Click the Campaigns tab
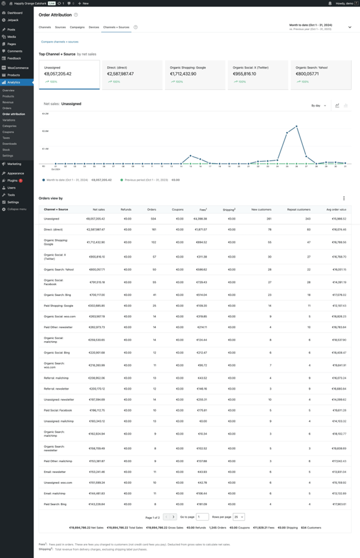pos(77,27)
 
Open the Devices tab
pos(94,27)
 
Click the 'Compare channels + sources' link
pos(59,42)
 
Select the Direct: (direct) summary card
pos(132,74)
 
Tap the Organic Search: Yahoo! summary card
pos(320,74)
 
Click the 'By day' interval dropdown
pos(318,105)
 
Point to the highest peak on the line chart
pos(297,126)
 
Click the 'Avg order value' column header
pos(336,209)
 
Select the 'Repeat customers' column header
pos(299,209)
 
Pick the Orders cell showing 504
pos(152,219)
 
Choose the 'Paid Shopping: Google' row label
pos(58,305)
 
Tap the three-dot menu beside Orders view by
pos(344,198)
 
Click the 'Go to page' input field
pos(202,517)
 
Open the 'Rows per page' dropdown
pos(239,517)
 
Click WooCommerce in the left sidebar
pos(18,68)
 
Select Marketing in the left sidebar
pos(14,164)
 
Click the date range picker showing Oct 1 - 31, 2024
pos(320,27)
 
